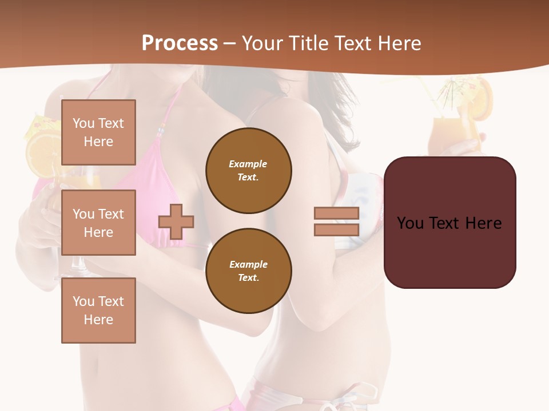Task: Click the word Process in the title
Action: [x=180, y=43]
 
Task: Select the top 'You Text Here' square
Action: [x=98, y=132]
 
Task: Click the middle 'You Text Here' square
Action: [x=98, y=223]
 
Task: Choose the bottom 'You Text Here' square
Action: [x=98, y=311]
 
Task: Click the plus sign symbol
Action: [x=176, y=221]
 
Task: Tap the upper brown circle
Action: [x=249, y=171]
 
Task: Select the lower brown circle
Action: [x=249, y=271]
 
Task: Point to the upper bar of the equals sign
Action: [x=336, y=213]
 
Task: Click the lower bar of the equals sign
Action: [x=336, y=229]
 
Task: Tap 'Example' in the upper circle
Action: [x=248, y=164]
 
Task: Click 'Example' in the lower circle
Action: [x=248, y=264]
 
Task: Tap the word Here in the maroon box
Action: [x=483, y=223]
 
